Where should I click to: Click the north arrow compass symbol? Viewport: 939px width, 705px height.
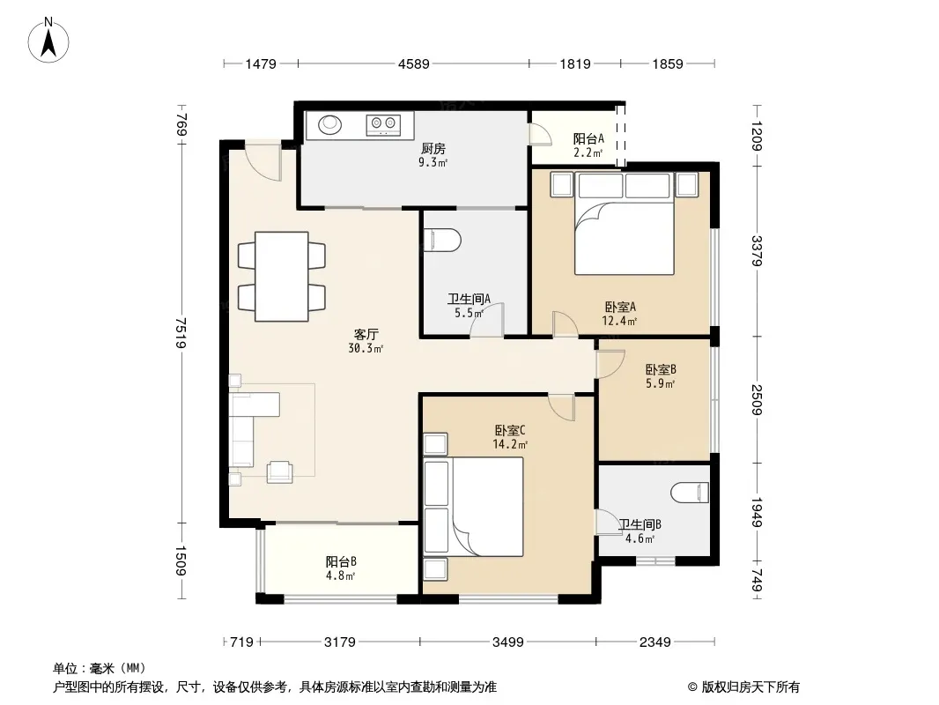(x=48, y=41)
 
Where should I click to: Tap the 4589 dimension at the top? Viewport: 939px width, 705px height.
(x=414, y=63)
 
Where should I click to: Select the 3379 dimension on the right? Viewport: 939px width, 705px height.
(x=757, y=251)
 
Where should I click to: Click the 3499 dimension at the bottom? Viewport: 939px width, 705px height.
(x=508, y=642)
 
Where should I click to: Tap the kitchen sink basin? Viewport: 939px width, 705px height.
(x=329, y=124)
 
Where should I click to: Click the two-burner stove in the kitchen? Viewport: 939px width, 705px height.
(x=383, y=124)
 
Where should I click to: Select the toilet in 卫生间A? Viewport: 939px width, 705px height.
(x=442, y=240)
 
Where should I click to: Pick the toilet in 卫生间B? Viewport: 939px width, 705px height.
(x=691, y=493)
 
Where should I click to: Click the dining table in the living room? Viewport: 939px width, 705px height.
(x=282, y=277)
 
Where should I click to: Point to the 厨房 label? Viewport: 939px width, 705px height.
(x=433, y=149)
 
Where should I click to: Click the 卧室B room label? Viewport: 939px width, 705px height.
(x=661, y=369)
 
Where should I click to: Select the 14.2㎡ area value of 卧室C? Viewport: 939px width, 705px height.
(x=510, y=444)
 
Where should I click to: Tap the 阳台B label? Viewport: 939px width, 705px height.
(x=341, y=561)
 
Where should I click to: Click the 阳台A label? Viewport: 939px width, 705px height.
(x=588, y=138)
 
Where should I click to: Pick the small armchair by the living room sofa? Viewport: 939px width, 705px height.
(x=279, y=471)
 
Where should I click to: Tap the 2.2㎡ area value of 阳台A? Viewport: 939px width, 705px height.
(x=588, y=152)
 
